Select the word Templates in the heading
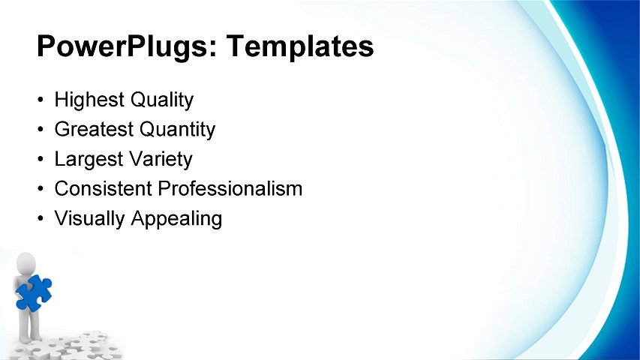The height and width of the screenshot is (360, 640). pyautogui.click(x=301, y=47)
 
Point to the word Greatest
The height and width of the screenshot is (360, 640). pyautogui.click(x=94, y=129)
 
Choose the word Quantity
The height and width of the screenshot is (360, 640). pyautogui.click(x=177, y=129)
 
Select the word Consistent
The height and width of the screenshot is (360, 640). pyautogui.click(x=104, y=189)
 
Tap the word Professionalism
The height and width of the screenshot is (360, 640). pyautogui.click(x=230, y=189)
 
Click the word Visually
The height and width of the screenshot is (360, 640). pyautogui.click(x=90, y=219)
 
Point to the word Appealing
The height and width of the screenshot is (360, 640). pyautogui.click(x=177, y=219)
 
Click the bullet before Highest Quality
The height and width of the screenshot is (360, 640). pyautogui.click(x=40, y=100)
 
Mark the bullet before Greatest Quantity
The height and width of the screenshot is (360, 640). pyautogui.click(x=40, y=130)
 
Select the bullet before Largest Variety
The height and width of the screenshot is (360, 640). pyautogui.click(x=40, y=160)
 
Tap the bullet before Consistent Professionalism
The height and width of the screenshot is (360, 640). pyautogui.click(x=40, y=190)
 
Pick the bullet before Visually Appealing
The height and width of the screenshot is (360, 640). pyautogui.click(x=40, y=220)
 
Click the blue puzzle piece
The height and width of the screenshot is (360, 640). pyautogui.click(x=34, y=292)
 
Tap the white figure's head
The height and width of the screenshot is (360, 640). pyautogui.click(x=26, y=263)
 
